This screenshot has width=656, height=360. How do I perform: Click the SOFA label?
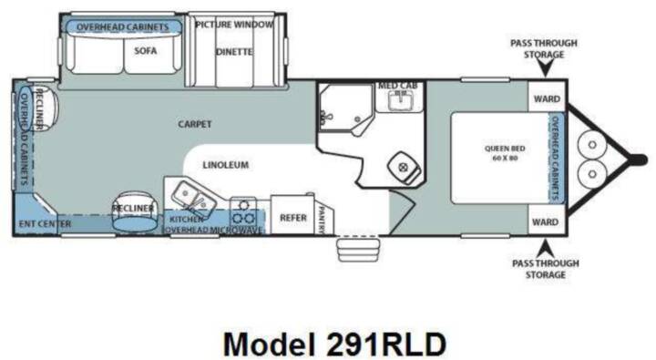pos(146,51)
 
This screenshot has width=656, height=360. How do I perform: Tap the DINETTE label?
pos(234,52)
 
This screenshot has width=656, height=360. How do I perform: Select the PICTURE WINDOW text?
pos(234,25)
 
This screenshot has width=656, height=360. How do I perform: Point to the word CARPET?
pos(195,124)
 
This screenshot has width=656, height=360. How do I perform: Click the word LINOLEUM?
pos(226,165)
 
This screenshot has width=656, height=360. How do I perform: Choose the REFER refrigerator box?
pos(292,215)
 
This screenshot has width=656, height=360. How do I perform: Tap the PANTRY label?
pos(322,220)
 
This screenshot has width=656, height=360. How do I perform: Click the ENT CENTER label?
pos(46,224)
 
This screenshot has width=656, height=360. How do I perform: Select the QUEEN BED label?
pos(505,153)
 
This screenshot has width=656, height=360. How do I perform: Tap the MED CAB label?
pos(397,86)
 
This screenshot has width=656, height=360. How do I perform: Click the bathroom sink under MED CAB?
pos(400,101)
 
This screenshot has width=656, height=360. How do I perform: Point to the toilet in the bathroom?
pos(405,168)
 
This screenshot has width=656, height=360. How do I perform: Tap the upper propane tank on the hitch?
pos(591,145)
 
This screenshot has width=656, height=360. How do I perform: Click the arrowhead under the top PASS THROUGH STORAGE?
pos(546,68)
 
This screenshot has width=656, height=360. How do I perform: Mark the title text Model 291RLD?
pos(334,345)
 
